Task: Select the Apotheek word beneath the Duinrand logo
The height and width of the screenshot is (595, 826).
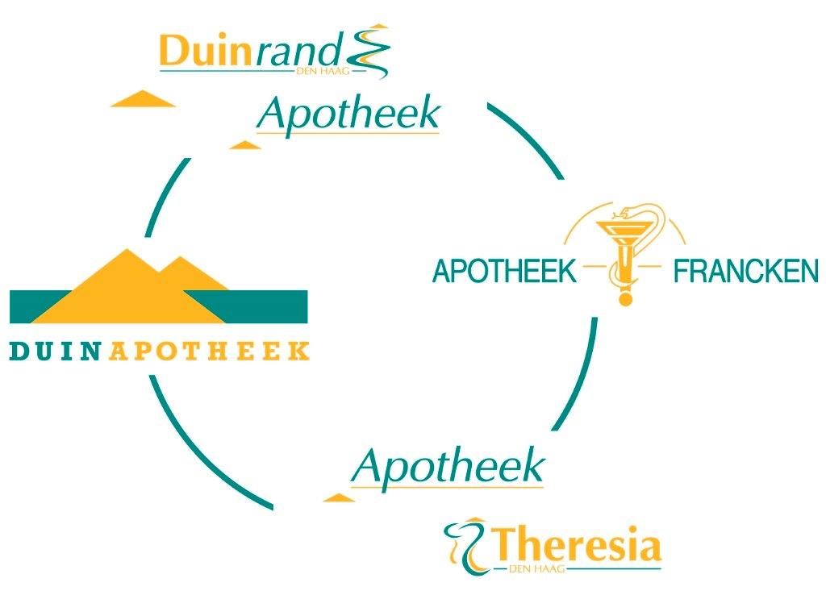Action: tap(348, 114)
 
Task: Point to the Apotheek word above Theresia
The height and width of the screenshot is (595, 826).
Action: tap(448, 465)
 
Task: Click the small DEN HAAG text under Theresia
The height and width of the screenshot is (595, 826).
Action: tap(538, 569)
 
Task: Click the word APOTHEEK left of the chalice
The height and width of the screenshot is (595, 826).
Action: tap(504, 272)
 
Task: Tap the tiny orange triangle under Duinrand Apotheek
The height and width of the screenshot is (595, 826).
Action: tap(245, 145)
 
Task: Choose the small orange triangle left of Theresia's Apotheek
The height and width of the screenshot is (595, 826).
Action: tap(339, 497)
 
